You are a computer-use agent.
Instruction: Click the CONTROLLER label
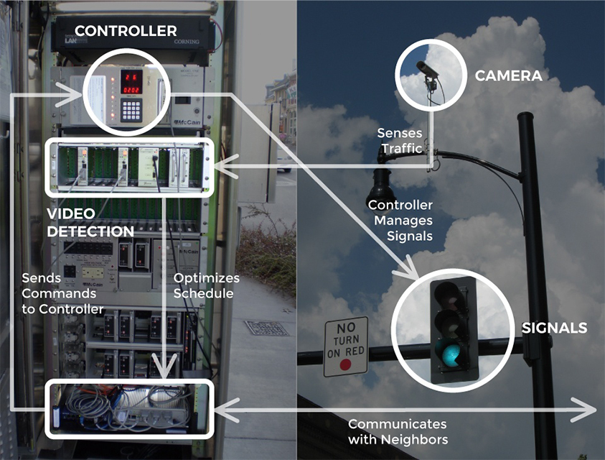[x=125, y=31]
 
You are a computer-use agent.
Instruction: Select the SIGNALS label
[x=554, y=328]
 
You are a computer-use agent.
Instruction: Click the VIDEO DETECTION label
[x=90, y=223]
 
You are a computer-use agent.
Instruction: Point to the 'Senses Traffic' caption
[x=401, y=141]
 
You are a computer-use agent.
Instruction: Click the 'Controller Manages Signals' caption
[x=400, y=221]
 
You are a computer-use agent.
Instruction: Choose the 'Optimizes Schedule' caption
[x=206, y=285]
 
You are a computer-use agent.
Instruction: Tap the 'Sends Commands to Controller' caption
[x=62, y=293]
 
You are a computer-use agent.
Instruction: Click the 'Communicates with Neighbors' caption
[x=398, y=431]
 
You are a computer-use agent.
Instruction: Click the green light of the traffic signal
[x=450, y=354]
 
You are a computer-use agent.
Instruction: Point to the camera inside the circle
[x=427, y=70]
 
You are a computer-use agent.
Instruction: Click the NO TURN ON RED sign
[x=345, y=346]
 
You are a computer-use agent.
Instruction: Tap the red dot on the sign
[x=345, y=364]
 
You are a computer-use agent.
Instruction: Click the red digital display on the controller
[x=130, y=83]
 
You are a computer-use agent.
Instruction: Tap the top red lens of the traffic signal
[x=449, y=292]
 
